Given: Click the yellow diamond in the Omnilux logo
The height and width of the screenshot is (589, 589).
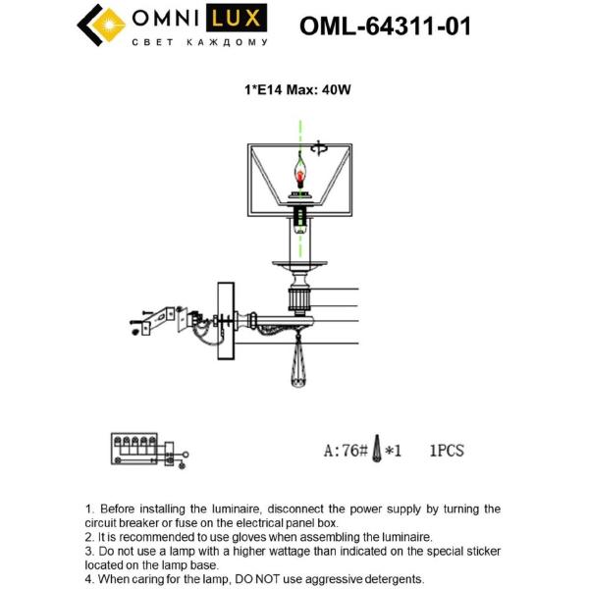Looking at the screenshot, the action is tap(108, 25).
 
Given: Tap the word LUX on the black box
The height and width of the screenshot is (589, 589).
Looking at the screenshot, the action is tap(236, 18).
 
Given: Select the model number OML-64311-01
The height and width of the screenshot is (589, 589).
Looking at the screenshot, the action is tap(385, 26).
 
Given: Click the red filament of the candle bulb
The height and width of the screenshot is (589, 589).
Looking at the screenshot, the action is tap(300, 176).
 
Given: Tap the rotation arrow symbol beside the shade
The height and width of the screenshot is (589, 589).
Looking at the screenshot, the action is tap(318, 149).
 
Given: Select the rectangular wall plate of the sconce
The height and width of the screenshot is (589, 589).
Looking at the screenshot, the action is tap(226, 321).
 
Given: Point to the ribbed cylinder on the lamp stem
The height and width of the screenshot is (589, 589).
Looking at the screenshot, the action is tap(298, 299).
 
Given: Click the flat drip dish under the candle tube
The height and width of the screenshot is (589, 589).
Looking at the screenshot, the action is tap(299, 264).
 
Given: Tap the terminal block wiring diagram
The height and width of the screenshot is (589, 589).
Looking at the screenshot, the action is tap(149, 450).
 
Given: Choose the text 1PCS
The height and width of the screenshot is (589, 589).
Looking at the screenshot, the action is tap(447, 451).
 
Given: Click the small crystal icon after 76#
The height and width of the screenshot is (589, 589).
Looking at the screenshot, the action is tap(376, 449).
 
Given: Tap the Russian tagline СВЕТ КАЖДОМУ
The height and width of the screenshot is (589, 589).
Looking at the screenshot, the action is tap(200, 42).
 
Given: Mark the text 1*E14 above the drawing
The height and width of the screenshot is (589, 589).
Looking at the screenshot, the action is tap(263, 90).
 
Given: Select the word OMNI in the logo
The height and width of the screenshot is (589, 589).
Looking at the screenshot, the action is tap(166, 18).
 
